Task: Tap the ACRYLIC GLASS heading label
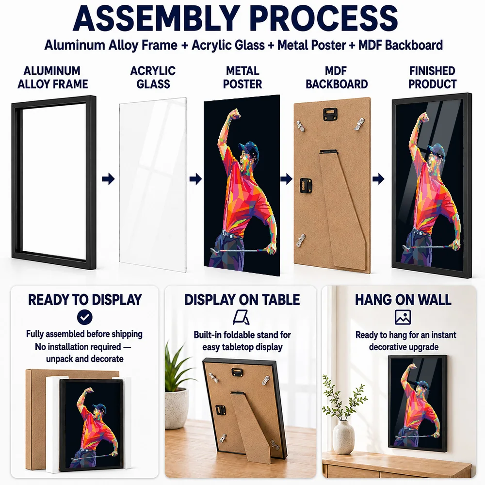click(153, 77)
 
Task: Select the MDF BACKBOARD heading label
click(337, 77)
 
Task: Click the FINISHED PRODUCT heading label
click(432, 77)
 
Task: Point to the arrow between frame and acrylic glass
click(108, 179)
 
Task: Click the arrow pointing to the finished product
click(378, 179)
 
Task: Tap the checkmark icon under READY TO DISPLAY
click(85, 317)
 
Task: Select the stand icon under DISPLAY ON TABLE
click(241, 318)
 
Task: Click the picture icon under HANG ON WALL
click(403, 317)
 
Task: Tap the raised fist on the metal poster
click(235, 114)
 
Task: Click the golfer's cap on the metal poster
click(249, 148)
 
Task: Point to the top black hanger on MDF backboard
click(330, 114)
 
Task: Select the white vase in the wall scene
click(344, 437)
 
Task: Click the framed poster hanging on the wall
click(418, 404)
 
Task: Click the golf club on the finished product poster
click(428, 247)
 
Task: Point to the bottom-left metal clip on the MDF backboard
click(300, 241)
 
